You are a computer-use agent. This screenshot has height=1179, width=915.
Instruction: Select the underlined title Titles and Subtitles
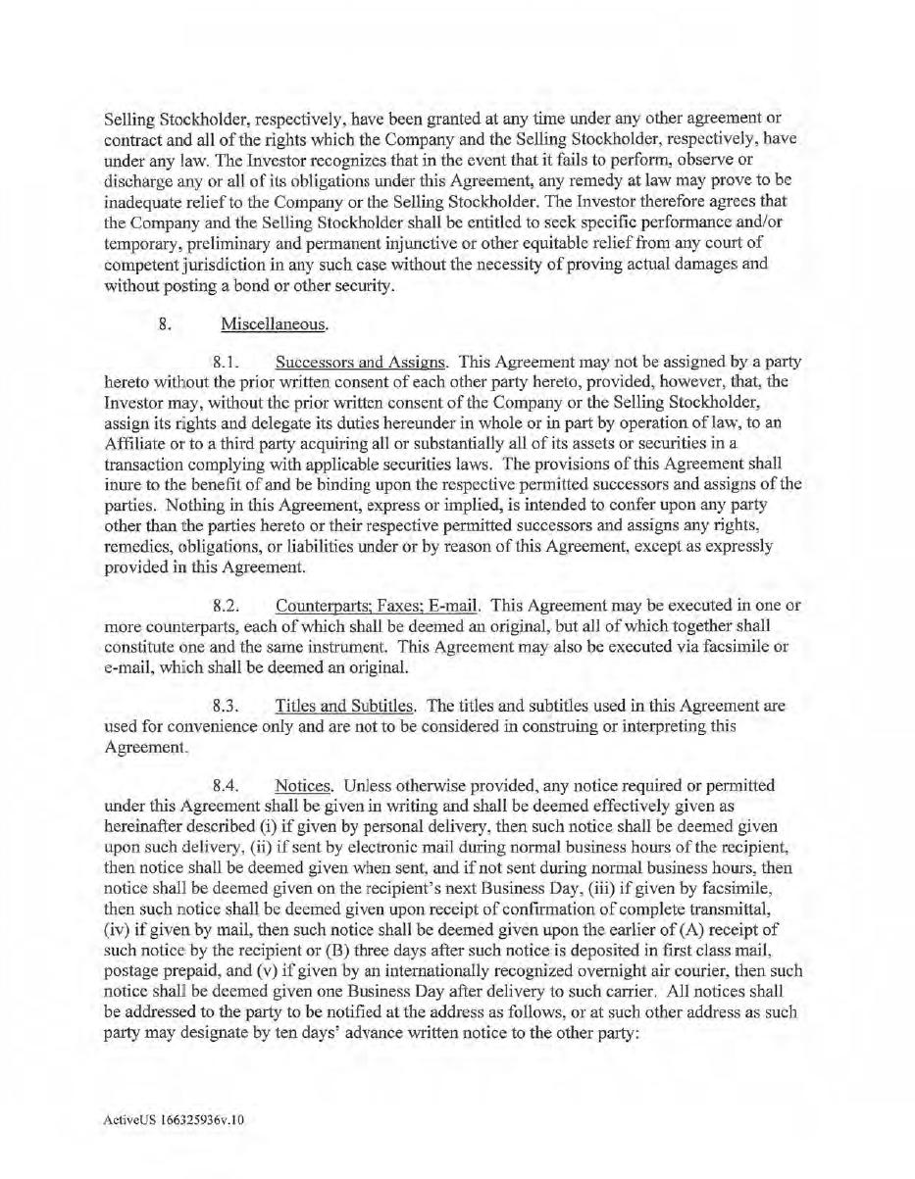[346, 705]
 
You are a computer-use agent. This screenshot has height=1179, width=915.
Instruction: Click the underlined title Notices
[305, 785]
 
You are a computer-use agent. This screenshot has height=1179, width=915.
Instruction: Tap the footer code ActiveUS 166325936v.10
[173, 1143]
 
